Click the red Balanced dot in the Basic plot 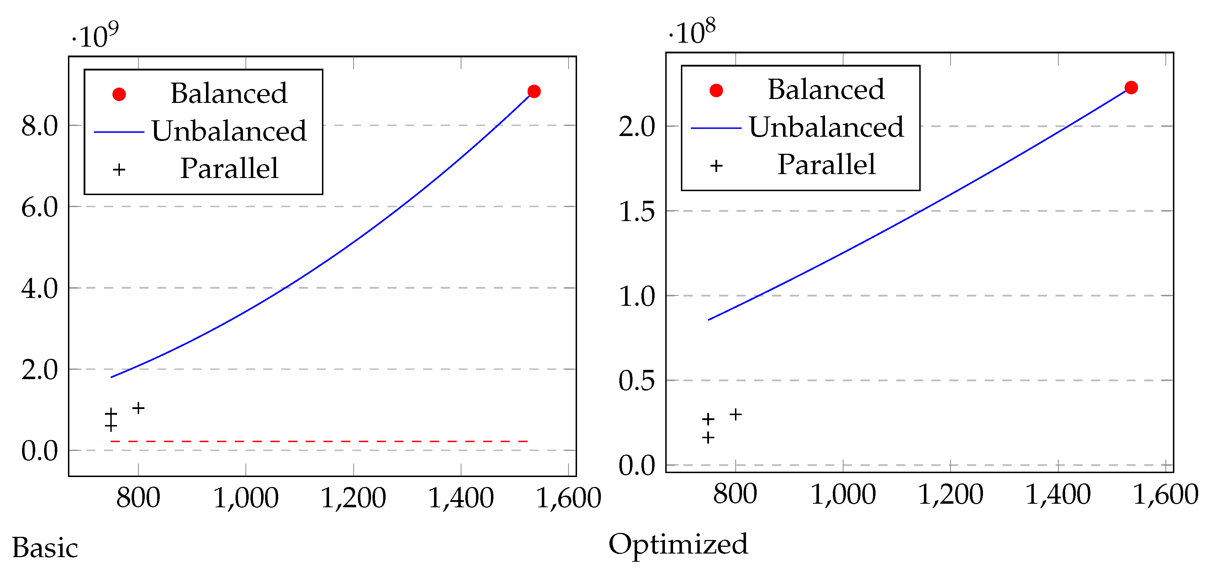tap(534, 91)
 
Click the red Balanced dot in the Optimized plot tap(1131, 88)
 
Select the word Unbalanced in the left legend tap(229, 131)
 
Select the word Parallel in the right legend tap(826, 164)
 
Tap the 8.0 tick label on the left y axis tap(39, 126)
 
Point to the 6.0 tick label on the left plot tap(39, 207)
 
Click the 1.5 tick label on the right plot tap(637, 212)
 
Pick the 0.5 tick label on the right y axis tap(637, 381)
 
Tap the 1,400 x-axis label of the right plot tap(1058, 494)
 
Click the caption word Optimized tap(678, 544)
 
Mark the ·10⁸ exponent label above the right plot tap(692, 32)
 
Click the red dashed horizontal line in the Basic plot tap(318, 441)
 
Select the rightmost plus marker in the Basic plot tap(138, 408)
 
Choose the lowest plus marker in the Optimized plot tap(708, 438)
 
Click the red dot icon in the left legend tap(120, 95)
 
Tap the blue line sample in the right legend tap(716, 128)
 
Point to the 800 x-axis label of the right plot tap(735, 494)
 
